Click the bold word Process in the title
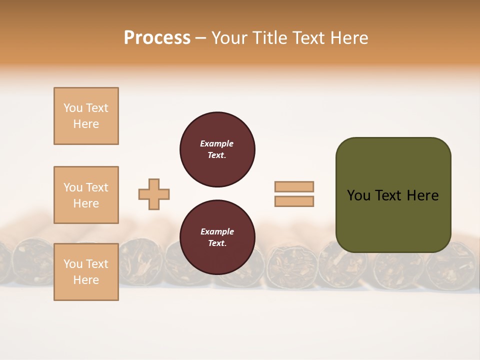pyautogui.click(x=157, y=38)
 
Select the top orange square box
pyautogui.click(x=86, y=116)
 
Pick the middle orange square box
pyautogui.click(x=86, y=195)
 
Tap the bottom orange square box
pyautogui.click(x=86, y=272)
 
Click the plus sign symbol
pyautogui.click(x=154, y=194)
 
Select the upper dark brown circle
pyautogui.click(x=217, y=149)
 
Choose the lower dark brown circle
pyautogui.click(x=217, y=237)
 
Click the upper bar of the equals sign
pyautogui.click(x=294, y=186)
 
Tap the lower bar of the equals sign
pyautogui.click(x=294, y=201)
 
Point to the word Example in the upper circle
pyautogui.click(x=216, y=143)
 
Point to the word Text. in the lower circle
pyautogui.click(x=216, y=243)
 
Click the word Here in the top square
pyautogui.click(x=86, y=124)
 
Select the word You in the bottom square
pyautogui.click(x=73, y=264)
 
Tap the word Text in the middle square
pyautogui.click(x=97, y=187)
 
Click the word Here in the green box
pyautogui.click(x=422, y=195)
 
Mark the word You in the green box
pyautogui.click(x=358, y=195)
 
